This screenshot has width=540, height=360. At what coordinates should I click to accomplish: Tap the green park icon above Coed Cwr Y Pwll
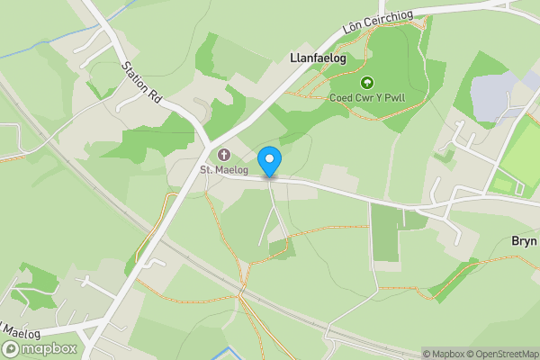365,83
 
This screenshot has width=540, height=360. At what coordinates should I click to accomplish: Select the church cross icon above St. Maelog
223,154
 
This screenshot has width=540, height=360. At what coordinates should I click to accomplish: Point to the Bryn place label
524,241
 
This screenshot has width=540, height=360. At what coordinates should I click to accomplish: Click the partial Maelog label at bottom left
22,328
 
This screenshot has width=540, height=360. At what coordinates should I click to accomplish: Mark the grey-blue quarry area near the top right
494,94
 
